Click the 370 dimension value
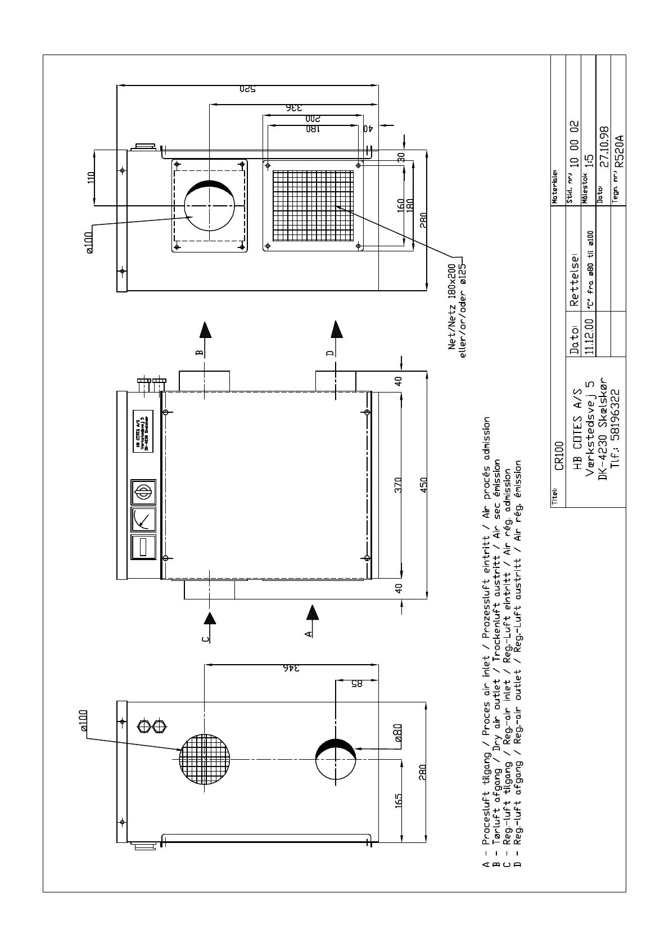coord(398,485)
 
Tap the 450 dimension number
coord(424,485)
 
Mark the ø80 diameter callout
coord(397,733)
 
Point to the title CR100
coord(559,456)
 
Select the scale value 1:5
coord(589,163)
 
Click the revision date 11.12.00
coord(589,336)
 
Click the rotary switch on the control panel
coord(143,492)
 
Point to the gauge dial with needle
coord(143,520)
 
